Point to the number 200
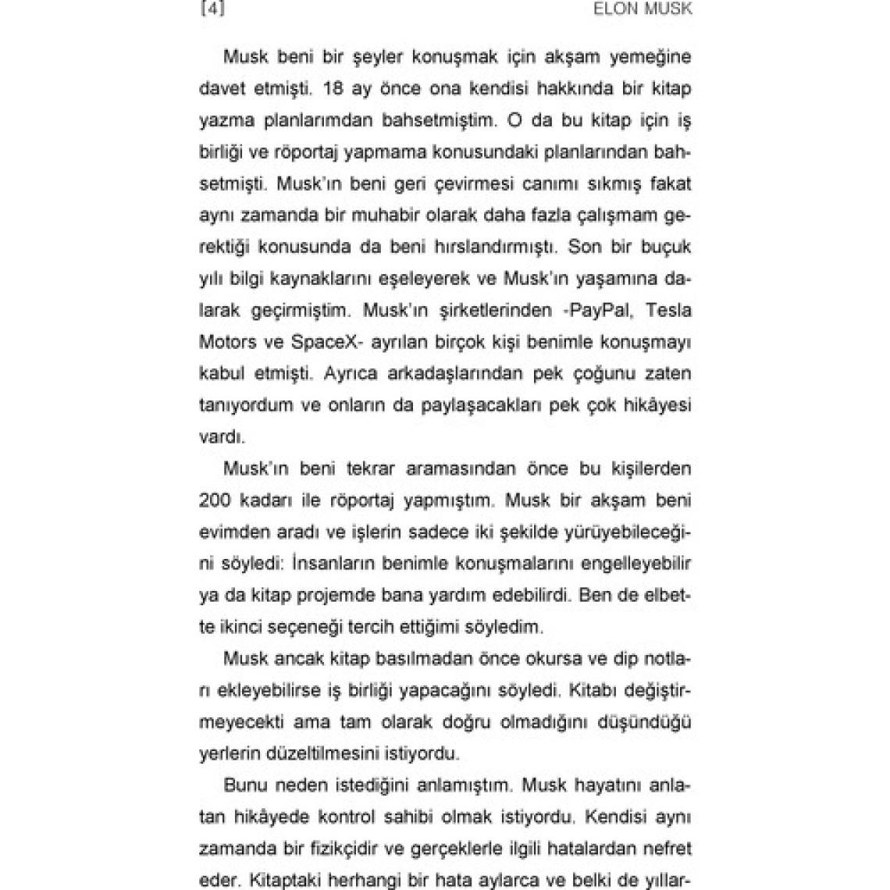[215, 500]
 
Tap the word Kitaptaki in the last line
[282, 880]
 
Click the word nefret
[667, 848]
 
